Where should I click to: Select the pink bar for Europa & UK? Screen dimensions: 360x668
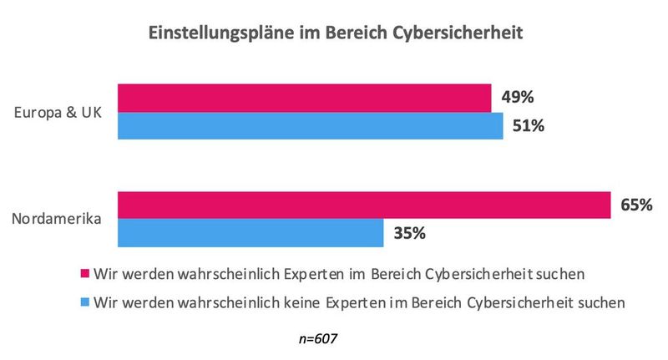pos(304,98)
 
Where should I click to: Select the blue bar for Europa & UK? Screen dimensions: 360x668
pos(310,126)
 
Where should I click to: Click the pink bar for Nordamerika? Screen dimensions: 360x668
pos(363,205)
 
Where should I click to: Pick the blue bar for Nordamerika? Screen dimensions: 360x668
pos(250,233)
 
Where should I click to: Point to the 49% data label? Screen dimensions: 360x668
pos(518,97)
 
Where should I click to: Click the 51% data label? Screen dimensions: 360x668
pos(529,126)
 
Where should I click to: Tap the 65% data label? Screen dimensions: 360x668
pos(635,204)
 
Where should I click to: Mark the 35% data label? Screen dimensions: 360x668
pos(410,233)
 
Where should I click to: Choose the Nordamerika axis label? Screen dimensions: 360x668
pos(57,220)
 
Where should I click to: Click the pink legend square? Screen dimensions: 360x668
pos(83,274)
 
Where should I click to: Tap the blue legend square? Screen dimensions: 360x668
pos(83,302)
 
